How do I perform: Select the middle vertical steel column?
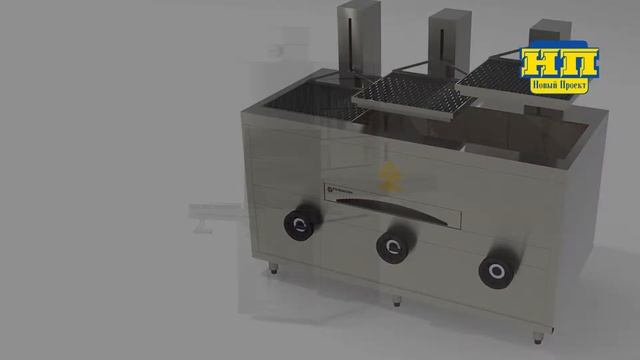click(445, 44)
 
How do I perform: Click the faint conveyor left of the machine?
click(215, 212)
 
